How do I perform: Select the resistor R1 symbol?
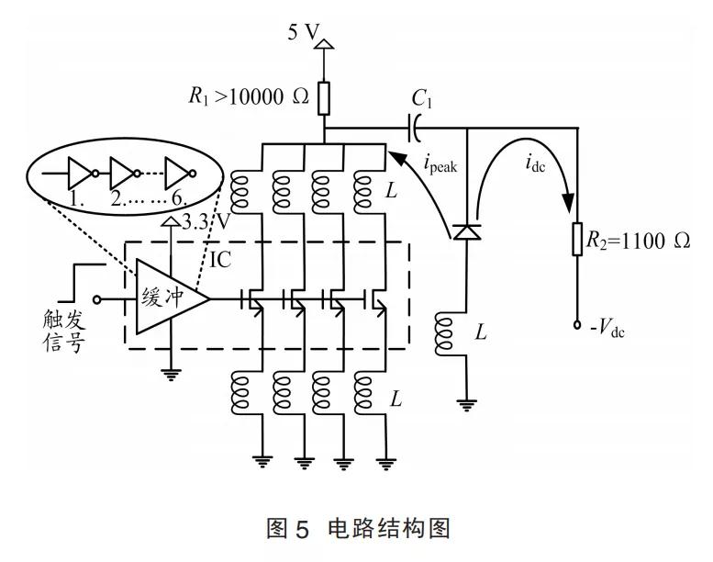tap(324, 96)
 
